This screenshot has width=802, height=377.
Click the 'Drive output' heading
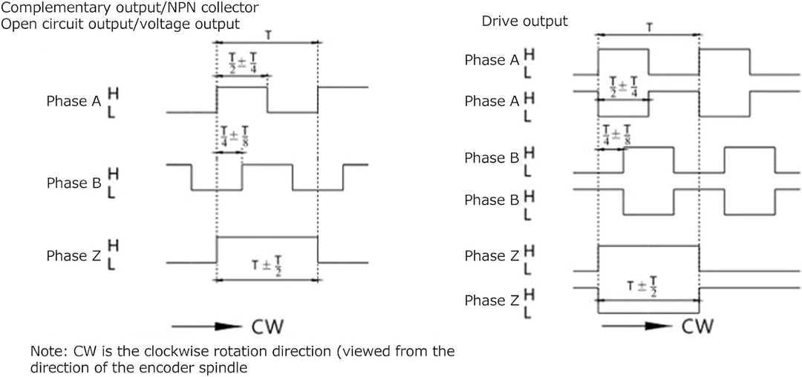[x=524, y=21]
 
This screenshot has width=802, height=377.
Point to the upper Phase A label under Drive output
[x=492, y=60]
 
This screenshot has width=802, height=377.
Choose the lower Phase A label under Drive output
[x=492, y=102]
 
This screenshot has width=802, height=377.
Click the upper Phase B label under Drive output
[x=492, y=158]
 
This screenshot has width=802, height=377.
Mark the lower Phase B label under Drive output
[x=492, y=200]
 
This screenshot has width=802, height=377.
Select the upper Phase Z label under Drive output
[x=492, y=256]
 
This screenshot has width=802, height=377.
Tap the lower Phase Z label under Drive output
[x=492, y=301]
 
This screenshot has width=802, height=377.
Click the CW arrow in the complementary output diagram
[x=206, y=326]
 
